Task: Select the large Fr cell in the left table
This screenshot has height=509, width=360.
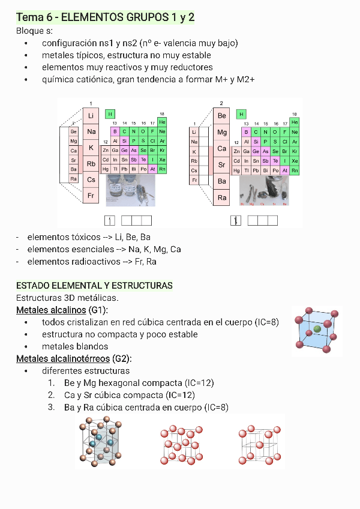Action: (x=91, y=196)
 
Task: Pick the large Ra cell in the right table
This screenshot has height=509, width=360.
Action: (x=222, y=197)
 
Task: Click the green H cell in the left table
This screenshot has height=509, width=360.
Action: (x=110, y=113)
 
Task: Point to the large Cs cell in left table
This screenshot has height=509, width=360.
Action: (x=91, y=179)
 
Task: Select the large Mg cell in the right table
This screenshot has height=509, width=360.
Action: (x=222, y=132)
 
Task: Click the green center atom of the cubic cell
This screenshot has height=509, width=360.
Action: (x=317, y=330)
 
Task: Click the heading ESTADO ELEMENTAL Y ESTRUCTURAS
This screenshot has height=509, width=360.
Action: (x=94, y=285)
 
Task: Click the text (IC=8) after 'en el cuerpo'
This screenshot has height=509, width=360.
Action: (x=266, y=322)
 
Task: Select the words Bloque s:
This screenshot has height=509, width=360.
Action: (x=35, y=31)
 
